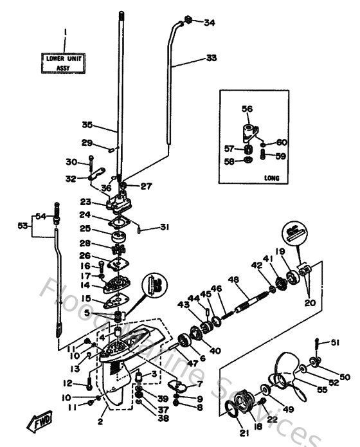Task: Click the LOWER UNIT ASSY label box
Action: pos(64,62)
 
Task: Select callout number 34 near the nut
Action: pos(209,23)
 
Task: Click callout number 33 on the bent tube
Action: pos(212,58)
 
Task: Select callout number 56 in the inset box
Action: pos(247,109)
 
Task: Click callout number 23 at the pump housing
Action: pos(85,201)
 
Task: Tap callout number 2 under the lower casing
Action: pos(100,422)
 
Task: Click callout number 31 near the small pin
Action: pos(165,226)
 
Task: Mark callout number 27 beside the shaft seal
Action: pos(146,187)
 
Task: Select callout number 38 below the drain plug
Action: pos(164,417)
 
